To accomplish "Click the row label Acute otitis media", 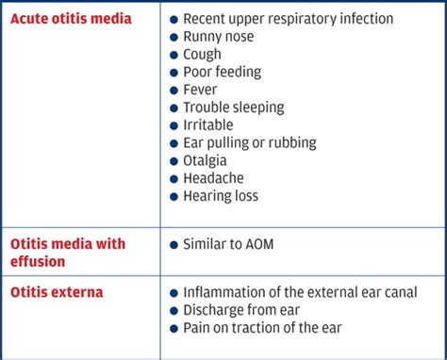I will (71, 19).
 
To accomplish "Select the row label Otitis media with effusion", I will (67, 254).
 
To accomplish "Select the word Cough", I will (204, 55).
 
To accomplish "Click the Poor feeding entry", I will (222, 73).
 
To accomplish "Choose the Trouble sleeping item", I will (233, 107).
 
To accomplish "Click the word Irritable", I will (208, 125).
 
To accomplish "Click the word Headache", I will (214, 179).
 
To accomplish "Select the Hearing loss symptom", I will (220, 197).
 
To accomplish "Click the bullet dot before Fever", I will (174, 90).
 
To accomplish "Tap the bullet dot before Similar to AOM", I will (174, 245).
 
